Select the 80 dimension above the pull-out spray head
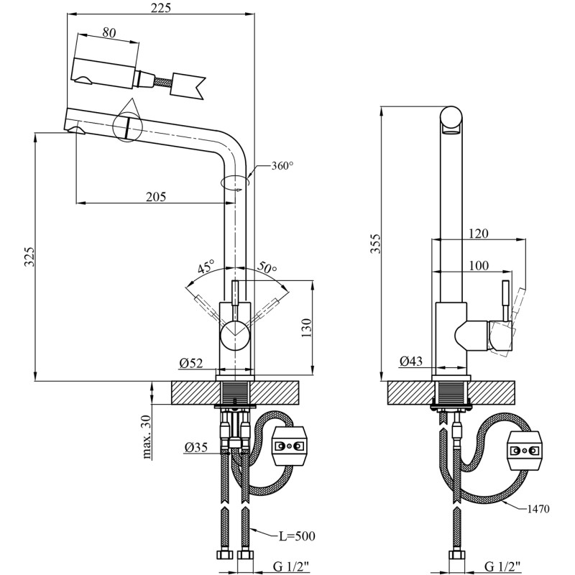(109, 32)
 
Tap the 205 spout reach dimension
(156, 196)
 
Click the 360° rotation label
(282, 166)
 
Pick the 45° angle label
(206, 269)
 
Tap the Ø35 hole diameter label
(196, 447)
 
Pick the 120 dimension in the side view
(478, 234)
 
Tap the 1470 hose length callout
(537, 509)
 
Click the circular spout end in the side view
(452, 119)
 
